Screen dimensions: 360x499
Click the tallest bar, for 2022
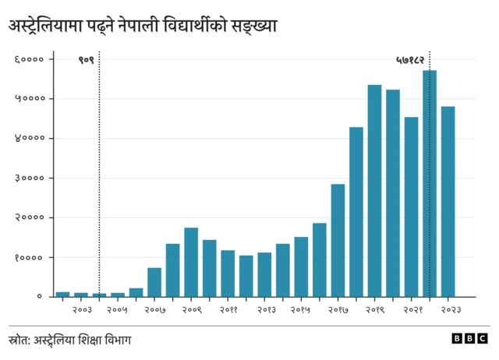pyautogui.click(x=430, y=184)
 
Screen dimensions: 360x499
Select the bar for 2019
pyautogui.click(x=374, y=191)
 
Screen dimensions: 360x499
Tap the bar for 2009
pyautogui.click(x=191, y=262)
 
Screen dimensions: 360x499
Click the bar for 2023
pyautogui.click(x=448, y=202)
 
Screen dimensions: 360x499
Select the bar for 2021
pyautogui.click(x=411, y=207)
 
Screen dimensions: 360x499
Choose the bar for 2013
pyautogui.click(x=264, y=274)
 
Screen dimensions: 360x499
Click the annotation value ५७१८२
pyautogui.click(x=410, y=59)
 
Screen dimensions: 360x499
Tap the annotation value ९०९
pyautogui.click(x=85, y=59)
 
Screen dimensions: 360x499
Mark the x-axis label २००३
pyautogui.click(x=82, y=310)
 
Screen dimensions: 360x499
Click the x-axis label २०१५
pyautogui.click(x=301, y=310)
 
